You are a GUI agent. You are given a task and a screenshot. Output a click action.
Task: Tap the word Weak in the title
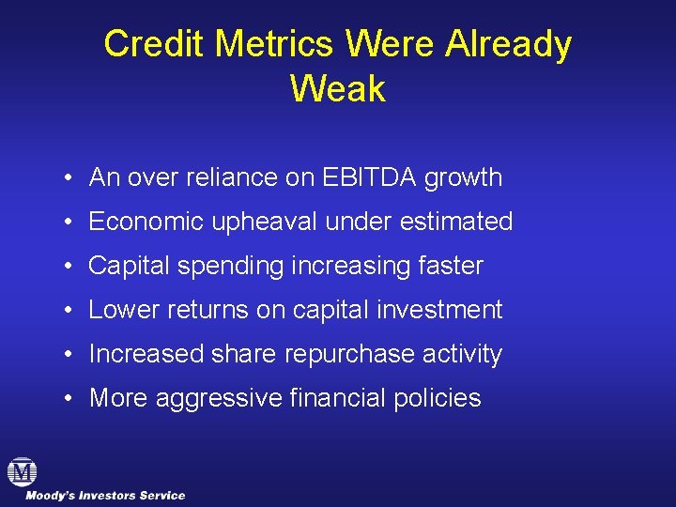tap(337, 89)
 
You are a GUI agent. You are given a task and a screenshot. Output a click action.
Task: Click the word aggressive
tap(218, 398)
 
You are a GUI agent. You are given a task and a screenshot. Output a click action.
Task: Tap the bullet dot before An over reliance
tap(70, 177)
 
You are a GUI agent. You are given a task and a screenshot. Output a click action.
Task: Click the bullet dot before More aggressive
tap(70, 398)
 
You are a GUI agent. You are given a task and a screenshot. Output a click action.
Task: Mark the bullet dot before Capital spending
tap(70, 266)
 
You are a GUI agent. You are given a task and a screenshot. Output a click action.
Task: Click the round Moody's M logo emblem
tap(21, 471)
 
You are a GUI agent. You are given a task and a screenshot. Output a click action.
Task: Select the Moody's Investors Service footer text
tap(105, 496)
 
